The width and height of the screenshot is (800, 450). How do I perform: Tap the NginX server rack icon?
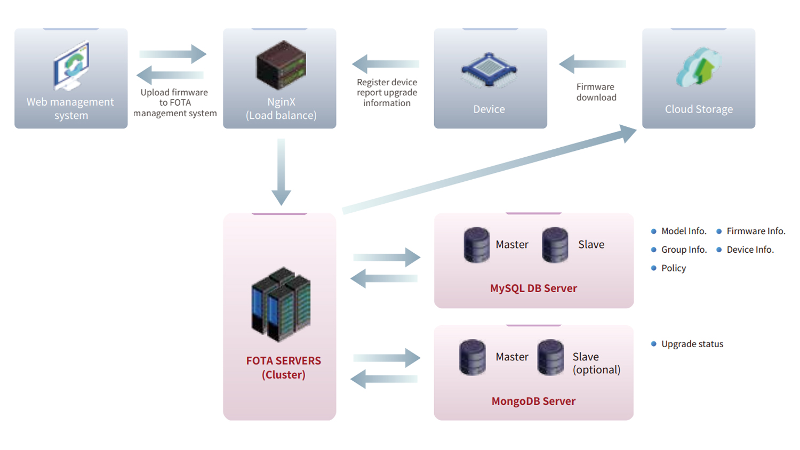(281, 65)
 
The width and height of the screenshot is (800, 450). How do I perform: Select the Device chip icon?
(489, 70)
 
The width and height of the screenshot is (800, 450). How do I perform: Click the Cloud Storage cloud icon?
(699, 67)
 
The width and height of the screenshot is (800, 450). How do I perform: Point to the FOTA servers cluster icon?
(281, 304)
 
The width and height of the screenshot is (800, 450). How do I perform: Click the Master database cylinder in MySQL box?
(476, 245)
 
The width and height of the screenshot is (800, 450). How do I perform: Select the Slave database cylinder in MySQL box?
(555, 245)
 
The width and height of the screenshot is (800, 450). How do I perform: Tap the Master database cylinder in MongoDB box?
(472, 357)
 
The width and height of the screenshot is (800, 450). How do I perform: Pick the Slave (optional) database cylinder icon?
(550, 357)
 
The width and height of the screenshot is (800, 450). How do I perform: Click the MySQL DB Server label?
(533, 288)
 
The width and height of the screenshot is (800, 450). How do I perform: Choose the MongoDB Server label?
(533, 401)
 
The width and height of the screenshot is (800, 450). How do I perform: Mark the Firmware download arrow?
(592, 64)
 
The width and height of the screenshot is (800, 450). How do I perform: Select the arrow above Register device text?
(386, 64)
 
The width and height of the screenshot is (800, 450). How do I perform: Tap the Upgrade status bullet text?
(692, 344)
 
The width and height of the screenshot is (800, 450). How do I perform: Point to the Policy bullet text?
(674, 268)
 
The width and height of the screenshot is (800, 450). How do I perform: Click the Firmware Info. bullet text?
(756, 231)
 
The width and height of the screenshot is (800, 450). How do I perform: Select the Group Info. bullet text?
(684, 250)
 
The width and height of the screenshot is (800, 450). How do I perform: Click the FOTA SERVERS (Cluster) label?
(284, 367)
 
